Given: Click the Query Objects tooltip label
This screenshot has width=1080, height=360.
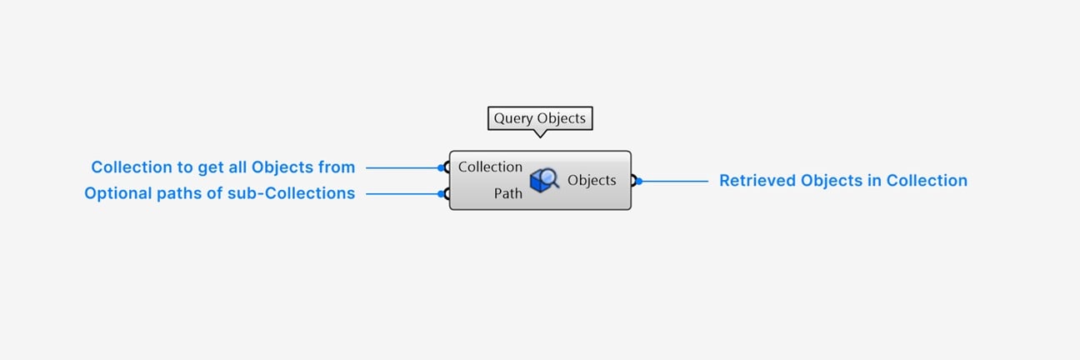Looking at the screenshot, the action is click(x=540, y=118).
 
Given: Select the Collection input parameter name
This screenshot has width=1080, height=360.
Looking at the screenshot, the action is click(x=490, y=167).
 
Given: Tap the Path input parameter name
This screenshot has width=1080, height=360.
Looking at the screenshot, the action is click(x=507, y=193).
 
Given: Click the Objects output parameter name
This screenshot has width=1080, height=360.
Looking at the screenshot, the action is click(x=592, y=180).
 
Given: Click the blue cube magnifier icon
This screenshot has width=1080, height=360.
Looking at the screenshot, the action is click(x=544, y=180).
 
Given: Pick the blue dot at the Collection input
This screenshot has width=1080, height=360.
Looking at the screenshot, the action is click(x=441, y=167).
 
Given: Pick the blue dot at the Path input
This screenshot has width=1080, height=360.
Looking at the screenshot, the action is click(x=441, y=193).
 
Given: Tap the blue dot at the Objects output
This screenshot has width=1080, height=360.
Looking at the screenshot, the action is click(x=639, y=181).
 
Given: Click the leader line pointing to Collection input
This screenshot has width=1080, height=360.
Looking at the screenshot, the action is click(x=403, y=167).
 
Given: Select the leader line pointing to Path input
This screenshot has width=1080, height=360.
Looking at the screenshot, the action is click(x=403, y=193).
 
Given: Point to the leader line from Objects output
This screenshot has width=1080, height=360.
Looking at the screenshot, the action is click(x=673, y=181).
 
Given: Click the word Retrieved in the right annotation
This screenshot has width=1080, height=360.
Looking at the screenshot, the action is click(x=757, y=180).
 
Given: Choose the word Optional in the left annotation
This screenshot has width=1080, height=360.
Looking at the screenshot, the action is click(x=118, y=193).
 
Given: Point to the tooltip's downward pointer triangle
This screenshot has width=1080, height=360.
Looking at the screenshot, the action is click(x=540, y=133).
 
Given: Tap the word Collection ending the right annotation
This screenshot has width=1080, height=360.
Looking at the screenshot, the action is click(x=927, y=180).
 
